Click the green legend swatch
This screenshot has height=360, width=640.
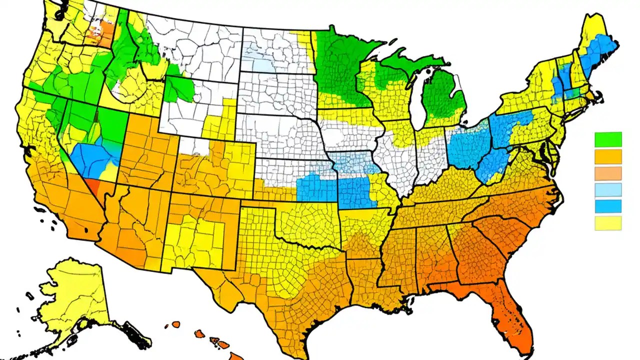click(x=608, y=139)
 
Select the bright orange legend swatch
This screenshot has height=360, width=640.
click(x=608, y=156)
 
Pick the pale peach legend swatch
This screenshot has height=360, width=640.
click(x=608, y=173)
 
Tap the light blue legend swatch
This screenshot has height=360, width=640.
click(x=608, y=190)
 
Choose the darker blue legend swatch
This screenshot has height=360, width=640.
click(x=608, y=206)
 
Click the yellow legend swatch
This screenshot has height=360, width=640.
click(x=608, y=223)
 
